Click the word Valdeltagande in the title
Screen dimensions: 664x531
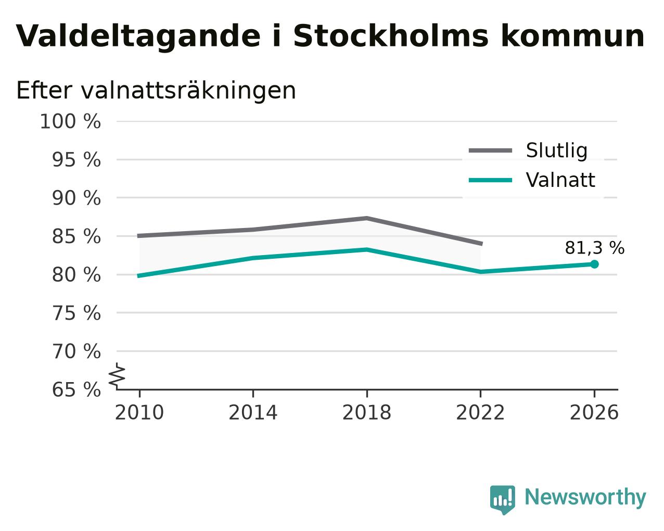pyautogui.click(x=138, y=36)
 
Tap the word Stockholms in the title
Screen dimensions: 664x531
pyautogui.click(x=391, y=36)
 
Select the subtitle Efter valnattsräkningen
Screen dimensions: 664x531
pyautogui.click(x=156, y=91)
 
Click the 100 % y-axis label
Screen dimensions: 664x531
pyautogui.click(x=70, y=121)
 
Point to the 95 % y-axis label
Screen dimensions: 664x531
pyautogui.click(x=76, y=160)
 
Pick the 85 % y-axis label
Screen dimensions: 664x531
pyautogui.click(x=76, y=236)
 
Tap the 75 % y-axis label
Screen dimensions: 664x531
pyautogui.click(x=76, y=313)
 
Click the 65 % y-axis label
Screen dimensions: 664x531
pyautogui.click(x=76, y=389)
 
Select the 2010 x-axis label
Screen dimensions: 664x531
pyautogui.click(x=139, y=412)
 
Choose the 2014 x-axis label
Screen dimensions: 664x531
pyautogui.click(x=253, y=412)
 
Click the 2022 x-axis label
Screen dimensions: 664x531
pyautogui.click(x=480, y=412)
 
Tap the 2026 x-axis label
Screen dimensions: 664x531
pyautogui.click(x=594, y=412)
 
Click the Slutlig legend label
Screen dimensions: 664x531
pyautogui.click(x=557, y=150)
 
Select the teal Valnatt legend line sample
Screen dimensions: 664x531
pyautogui.click(x=490, y=180)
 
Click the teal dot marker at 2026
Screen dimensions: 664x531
pyautogui.click(x=594, y=264)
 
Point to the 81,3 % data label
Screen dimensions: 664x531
pyautogui.click(x=595, y=248)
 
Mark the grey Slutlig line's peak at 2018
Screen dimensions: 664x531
pyautogui.click(x=366, y=219)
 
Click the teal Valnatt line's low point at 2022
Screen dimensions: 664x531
pyautogui.click(x=480, y=272)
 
